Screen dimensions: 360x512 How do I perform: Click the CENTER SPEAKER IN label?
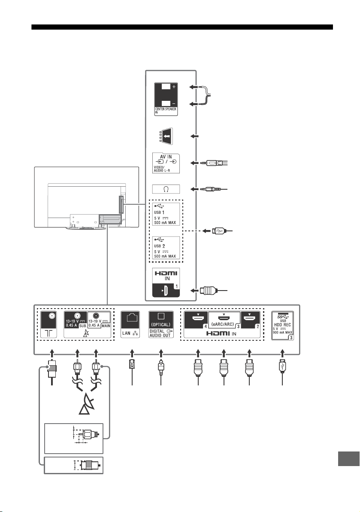pyautogui.click(x=166, y=111)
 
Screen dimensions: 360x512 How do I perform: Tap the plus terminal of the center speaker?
pyautogui.click(x=166, y=87)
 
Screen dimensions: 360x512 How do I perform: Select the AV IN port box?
pyautogui.click(x=166, y=163)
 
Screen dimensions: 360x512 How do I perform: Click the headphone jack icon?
pyautogui.click(x=166, y=189)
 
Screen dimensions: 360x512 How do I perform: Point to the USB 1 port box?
pyautogui.click(x=166, y=214)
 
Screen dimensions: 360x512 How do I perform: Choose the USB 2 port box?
pyautogui.click(x=166, y=248)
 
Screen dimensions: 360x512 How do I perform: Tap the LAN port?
pyautogui.click(x=130, y=324)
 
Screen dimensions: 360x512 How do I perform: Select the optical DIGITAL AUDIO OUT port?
pyautogui.click(x=161, y=324)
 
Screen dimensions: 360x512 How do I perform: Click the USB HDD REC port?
pyautogui.click(x=283, y=326)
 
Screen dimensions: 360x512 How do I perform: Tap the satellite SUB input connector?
pyautogui.click(x=77, y=316)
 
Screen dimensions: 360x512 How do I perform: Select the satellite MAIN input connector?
pyautogui.click(x=96, y=316)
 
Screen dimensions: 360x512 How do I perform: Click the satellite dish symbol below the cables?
pyautogui.click(x=87, y=405)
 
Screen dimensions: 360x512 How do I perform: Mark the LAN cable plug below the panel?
pyautogui.click(x=132, y=364)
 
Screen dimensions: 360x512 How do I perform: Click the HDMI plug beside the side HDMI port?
pyautogui.click(x=208, y=290)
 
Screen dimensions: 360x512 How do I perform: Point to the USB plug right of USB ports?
pyautogui.click(x=218, y=231)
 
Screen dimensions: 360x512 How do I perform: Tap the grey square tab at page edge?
pyautogui.click(x=348, y=459)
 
